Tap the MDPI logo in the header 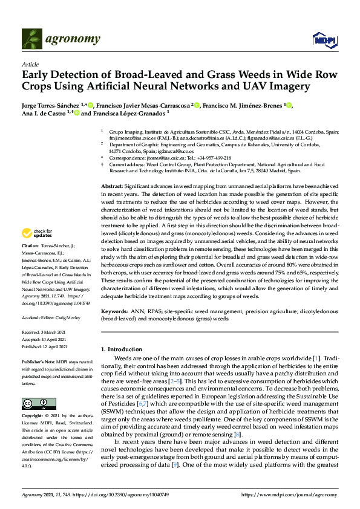pos(324,39)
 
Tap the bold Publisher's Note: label pos(39,360)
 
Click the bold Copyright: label pos(33,417)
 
